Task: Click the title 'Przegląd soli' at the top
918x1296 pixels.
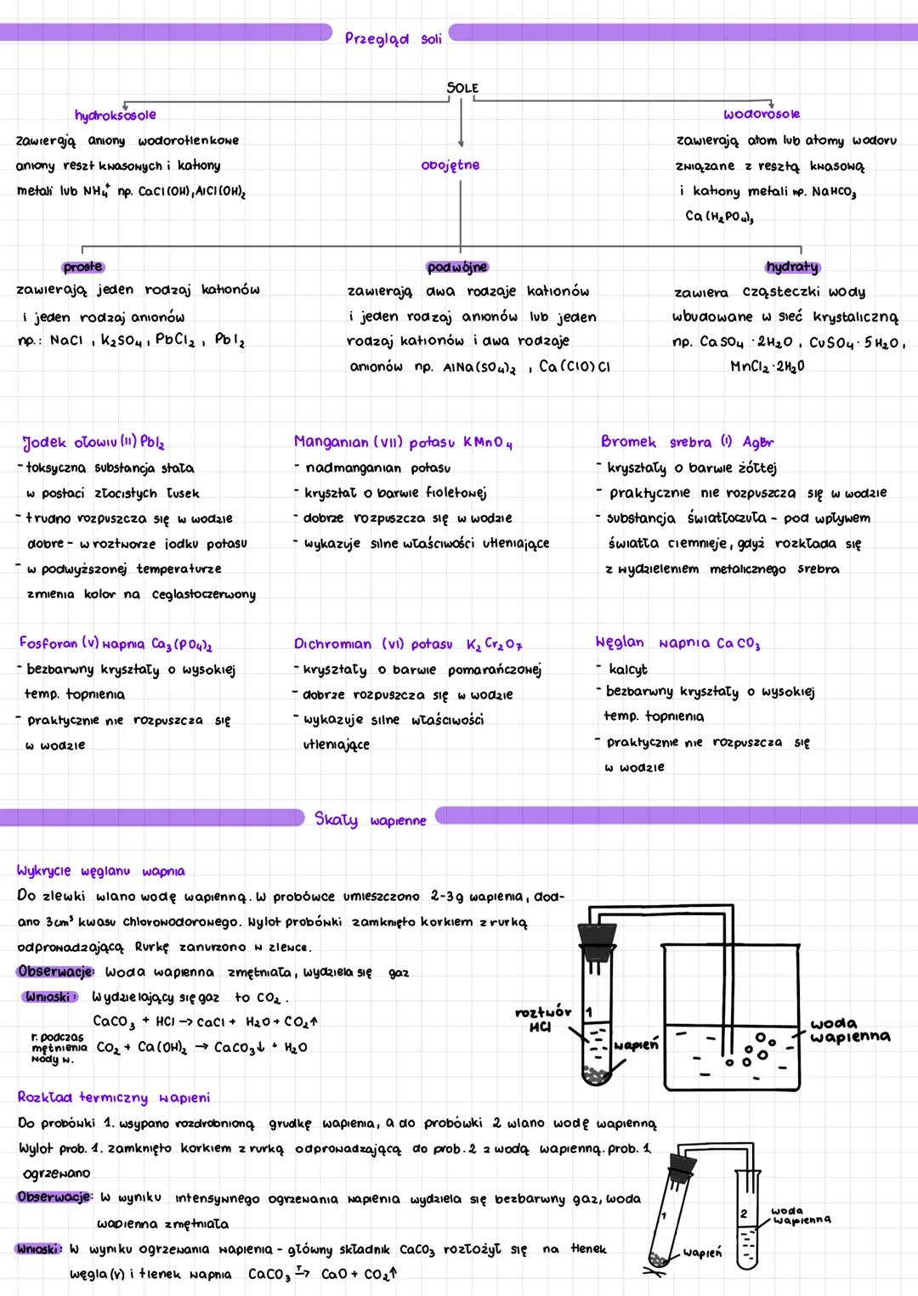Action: pos(393,38)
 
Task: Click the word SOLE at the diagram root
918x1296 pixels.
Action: pos(462,88)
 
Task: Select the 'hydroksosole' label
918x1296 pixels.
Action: pos(115,115)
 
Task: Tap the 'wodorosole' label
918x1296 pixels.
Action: pos(762,114)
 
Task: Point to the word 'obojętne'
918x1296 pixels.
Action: pos(450,165)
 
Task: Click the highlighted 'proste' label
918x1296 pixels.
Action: pos(82,267)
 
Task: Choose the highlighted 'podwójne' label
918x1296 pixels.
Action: pos(457,267)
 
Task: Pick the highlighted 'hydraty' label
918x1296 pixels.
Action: pos(792,267)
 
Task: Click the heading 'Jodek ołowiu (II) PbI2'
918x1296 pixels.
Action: pos(93,443)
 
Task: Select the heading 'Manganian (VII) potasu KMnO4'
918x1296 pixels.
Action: pos(403,443)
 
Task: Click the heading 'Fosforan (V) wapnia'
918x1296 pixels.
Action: pos(115,643)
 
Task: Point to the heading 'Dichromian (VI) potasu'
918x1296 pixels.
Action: pos(408,644)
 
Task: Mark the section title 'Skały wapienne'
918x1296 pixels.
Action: pos(370,820)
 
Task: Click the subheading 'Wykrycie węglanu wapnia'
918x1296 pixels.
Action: pos(100,871)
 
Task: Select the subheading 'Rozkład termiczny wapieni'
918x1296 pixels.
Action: pos(113,1098)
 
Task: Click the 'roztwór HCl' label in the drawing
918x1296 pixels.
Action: pos(542,1019)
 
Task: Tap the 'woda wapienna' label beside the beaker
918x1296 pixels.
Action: pos(850,1030)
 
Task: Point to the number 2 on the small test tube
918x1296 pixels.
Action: pos(743,1214)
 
